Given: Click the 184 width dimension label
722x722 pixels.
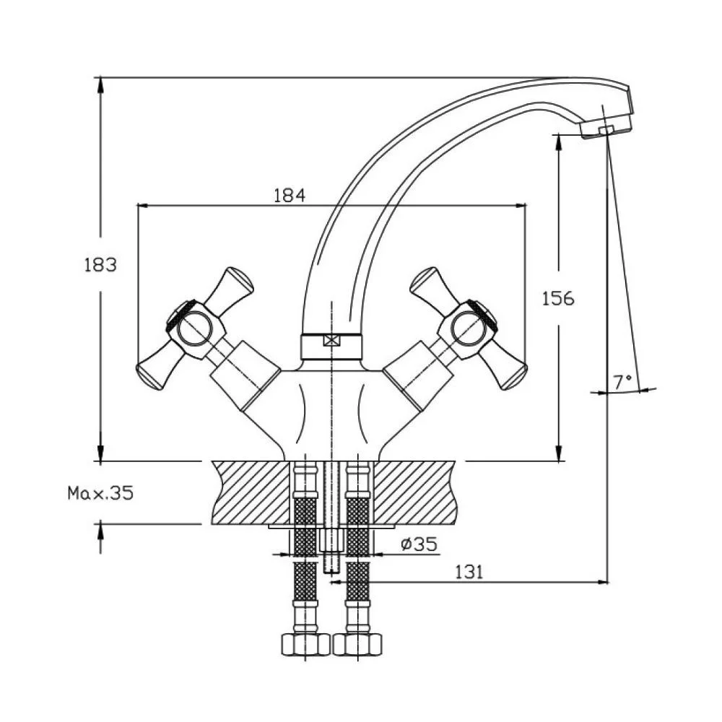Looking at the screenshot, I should [290, 195].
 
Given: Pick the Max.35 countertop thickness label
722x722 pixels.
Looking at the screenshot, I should [100, 493].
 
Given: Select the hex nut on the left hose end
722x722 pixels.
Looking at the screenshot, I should [304, 643].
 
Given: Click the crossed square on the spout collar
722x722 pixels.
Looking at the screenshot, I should [331, 342].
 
